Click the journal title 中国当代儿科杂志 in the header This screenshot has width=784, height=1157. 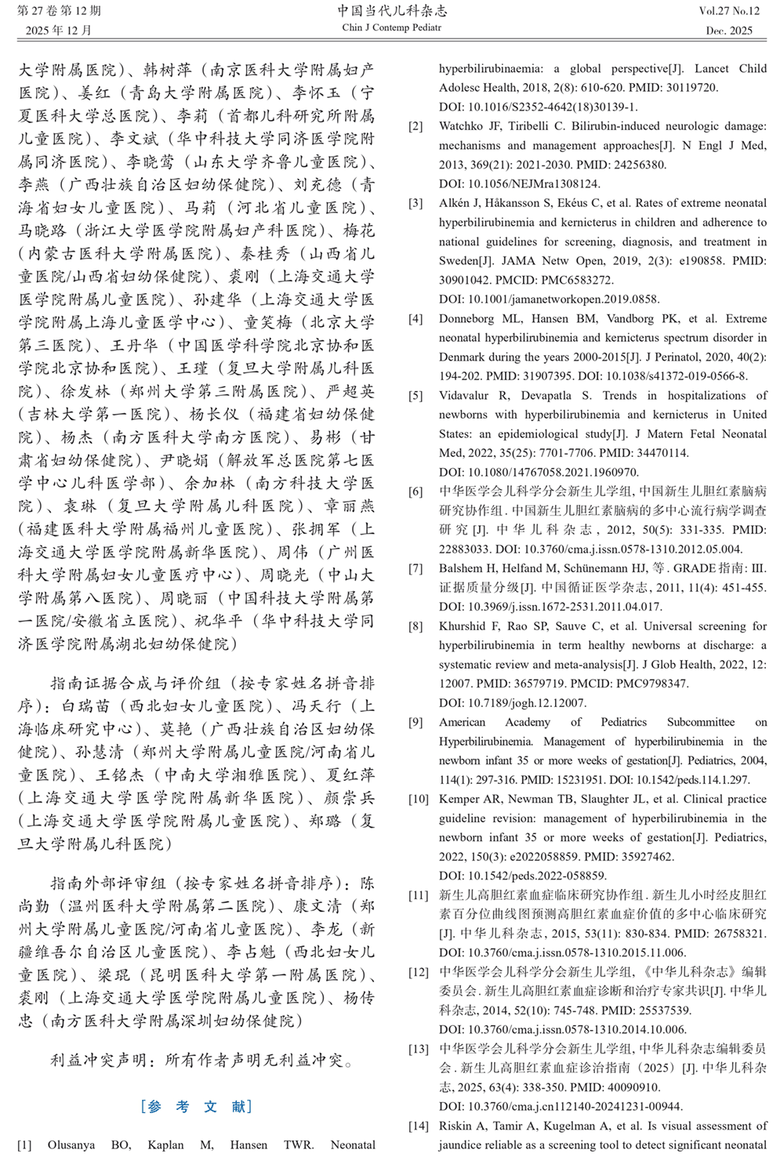coord(392,11)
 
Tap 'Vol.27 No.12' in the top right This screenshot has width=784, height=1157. coord(729,11)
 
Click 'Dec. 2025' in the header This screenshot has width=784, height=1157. coord(729,31)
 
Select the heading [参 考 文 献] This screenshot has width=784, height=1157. coord(197,1106)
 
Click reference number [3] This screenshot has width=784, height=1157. coord(416,203)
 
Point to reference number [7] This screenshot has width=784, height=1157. coord(416,568)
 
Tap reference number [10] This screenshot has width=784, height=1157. coord(419,799)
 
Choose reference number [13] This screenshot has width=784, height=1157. coord(419,1049)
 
